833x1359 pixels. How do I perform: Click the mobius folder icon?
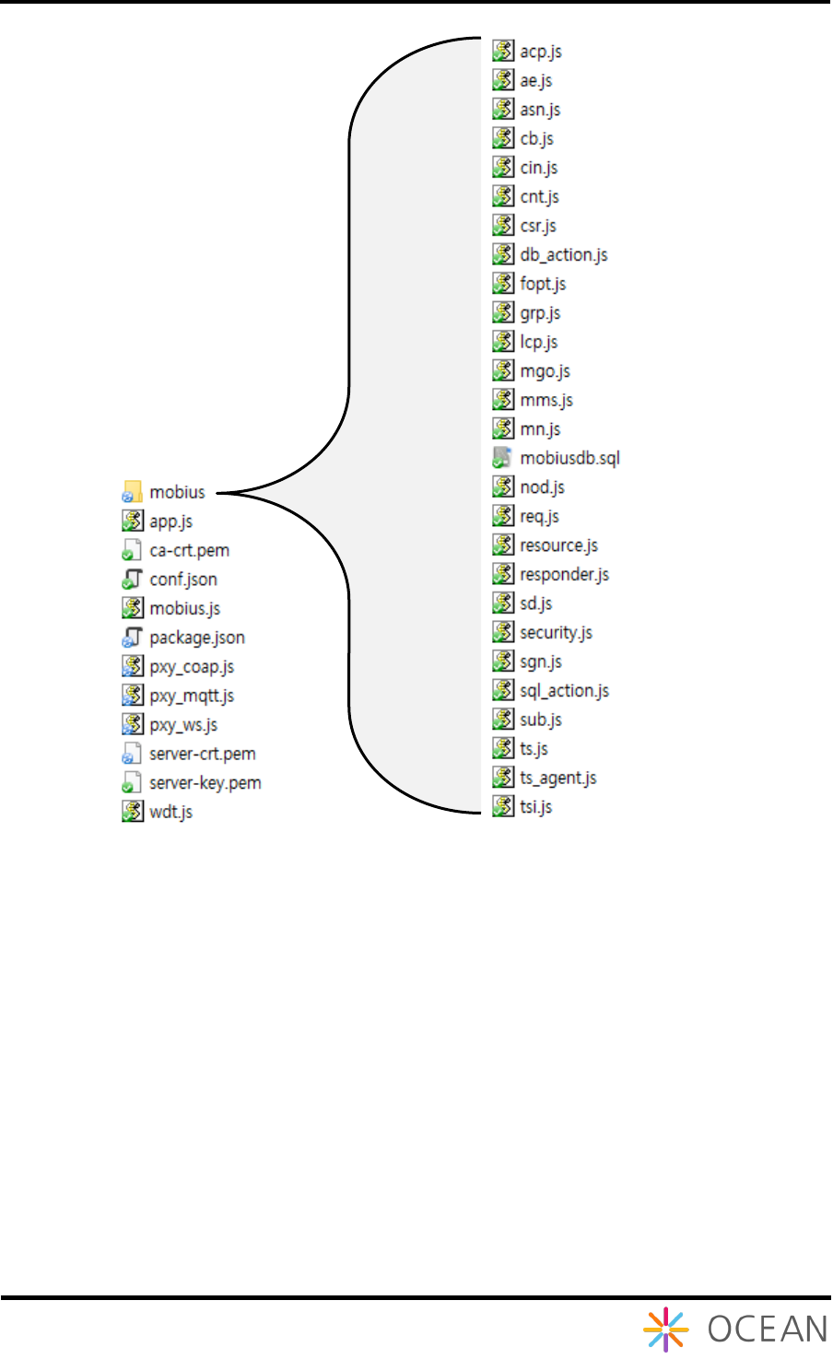pos(133,492)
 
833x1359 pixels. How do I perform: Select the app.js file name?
pos(170,521)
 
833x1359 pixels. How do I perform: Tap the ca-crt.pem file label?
pos(189,551)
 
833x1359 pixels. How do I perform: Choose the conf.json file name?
pos(183,580)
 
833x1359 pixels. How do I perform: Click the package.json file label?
pos(197,638)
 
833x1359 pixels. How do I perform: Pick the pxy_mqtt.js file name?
pos(192,696)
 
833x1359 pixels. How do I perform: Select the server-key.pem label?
pos(205,783)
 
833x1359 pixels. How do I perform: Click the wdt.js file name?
pos(170,812)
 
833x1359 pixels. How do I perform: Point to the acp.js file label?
pos(541,52)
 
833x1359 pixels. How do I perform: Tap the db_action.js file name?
pos(564,255)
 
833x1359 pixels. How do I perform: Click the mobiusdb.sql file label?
pos(569,458)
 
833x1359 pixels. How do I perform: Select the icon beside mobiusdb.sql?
pos(502,458)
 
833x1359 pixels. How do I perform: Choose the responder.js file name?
pos(564,574)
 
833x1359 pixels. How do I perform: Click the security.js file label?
pos(556,632)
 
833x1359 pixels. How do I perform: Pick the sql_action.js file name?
pos(564,690)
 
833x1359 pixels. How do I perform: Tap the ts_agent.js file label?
pos(557,778)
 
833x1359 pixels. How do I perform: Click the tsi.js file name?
pos(535,807)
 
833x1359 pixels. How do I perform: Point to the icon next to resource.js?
pos(502,545)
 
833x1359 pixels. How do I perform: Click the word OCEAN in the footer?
pos(768,1330)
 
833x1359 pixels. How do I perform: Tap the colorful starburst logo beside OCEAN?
pos(665,1330)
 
